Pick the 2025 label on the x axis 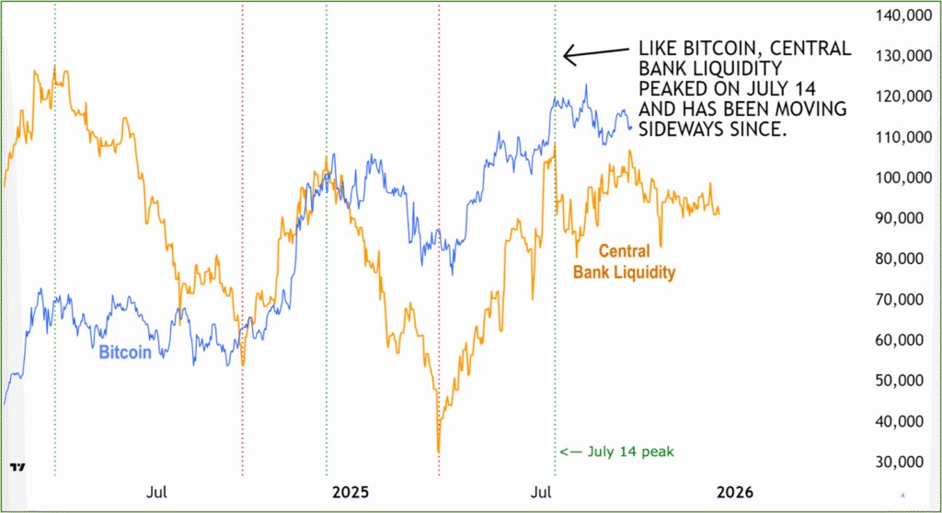pyautogui.click(x=350, y=493)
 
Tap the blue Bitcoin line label pyautogui.click(x=125, y=353)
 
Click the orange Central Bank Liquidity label pyautogui.click(x=625, y=261)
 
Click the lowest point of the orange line pyautogui.click(x=439, y=451)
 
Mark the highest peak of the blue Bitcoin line pyautogui.click(x=586, y=85)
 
